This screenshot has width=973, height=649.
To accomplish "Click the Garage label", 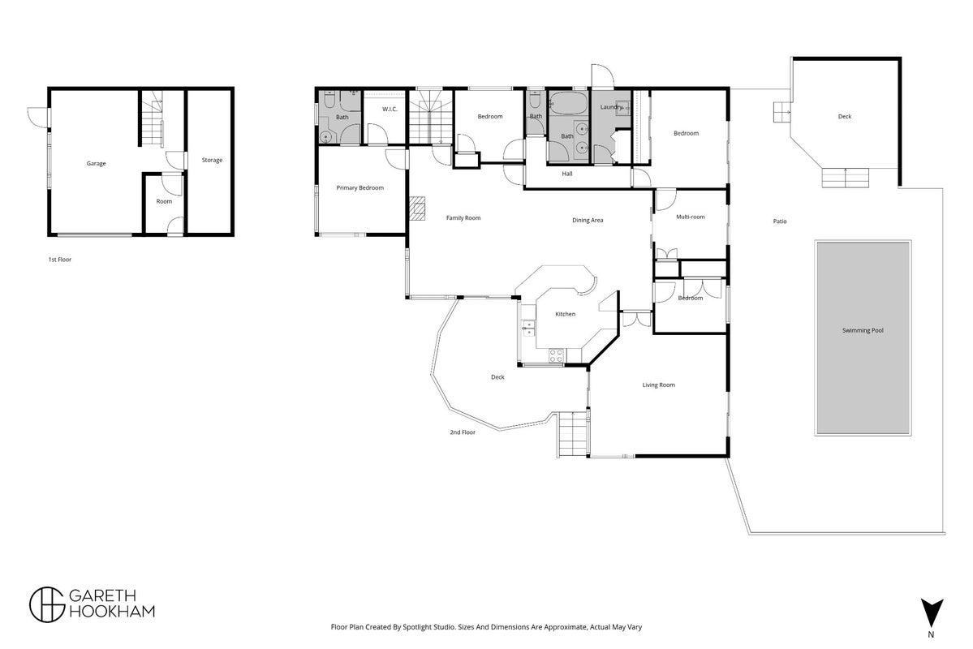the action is pos(97,164).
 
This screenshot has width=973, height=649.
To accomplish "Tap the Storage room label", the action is pos(213,160).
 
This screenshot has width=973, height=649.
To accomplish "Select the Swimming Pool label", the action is pos(863,331).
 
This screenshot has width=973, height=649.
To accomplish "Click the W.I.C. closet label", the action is pos(390,110).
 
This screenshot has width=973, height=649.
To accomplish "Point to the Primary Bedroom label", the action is pos(360,188).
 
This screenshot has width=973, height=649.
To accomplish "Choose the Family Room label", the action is pos(463,217).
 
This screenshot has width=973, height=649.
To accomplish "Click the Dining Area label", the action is pos(588,221).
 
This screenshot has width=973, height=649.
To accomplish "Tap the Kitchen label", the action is pos(566,314).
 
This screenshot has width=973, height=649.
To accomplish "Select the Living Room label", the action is pos(658,385).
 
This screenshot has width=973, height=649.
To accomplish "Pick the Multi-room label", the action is pos(691,217).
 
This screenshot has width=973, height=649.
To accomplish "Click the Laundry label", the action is pos(610,107).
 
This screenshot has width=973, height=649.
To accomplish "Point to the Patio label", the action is pos(780,221).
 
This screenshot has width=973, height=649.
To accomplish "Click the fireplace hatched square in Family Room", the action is pos(418,208).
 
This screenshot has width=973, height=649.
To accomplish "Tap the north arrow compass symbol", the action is pos(932,613).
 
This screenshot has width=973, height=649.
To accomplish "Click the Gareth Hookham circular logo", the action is pos(47,604).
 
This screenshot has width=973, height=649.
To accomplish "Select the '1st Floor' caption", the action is pos(59,260).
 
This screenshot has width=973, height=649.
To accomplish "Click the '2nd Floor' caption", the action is pos(463,432).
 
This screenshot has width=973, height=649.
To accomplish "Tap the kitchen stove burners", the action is pos(556,355).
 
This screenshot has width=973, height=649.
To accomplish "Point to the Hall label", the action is pos(567,174).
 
